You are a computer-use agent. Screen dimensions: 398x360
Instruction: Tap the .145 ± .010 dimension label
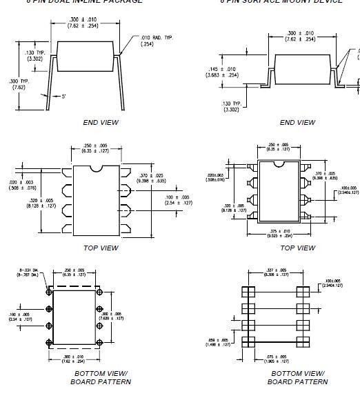222,72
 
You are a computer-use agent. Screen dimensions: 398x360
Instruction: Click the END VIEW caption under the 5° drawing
101,122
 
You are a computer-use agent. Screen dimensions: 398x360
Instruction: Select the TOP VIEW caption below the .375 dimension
297,248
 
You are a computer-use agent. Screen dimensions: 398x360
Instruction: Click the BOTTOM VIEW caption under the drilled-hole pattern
101,373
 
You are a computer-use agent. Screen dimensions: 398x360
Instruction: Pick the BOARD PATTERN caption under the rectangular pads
297,381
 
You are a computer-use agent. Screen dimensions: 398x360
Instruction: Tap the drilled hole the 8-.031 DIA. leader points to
50,292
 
